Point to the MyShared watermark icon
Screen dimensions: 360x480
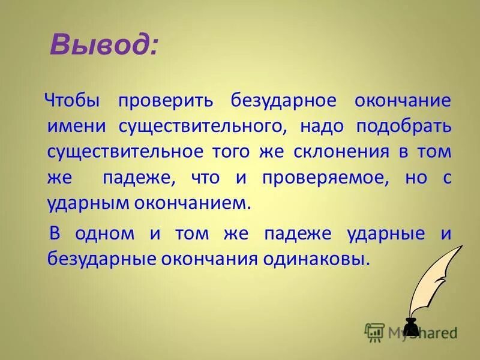click(x=374, y=331)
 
